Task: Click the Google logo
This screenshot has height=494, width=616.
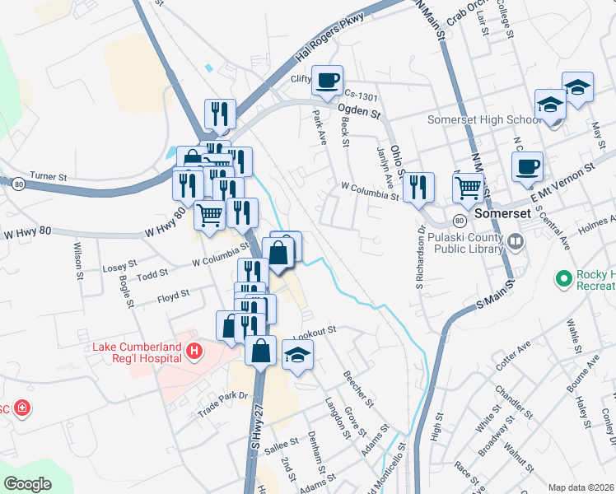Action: point(27,484)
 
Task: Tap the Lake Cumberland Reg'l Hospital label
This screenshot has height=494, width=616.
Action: point(136,352)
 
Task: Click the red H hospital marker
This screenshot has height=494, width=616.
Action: point(194,352)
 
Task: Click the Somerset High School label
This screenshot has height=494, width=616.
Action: point(484,119)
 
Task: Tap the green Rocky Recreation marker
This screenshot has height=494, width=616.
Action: point(564,279)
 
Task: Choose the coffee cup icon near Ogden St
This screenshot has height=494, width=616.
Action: point(328,80)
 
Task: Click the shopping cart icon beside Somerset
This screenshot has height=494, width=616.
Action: point(469,188)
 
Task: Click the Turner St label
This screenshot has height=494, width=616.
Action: point(47,175)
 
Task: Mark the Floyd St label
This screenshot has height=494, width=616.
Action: point(173,292)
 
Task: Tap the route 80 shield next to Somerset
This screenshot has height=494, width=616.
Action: point(459,220)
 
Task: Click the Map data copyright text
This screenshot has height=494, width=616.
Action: point(581,487)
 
